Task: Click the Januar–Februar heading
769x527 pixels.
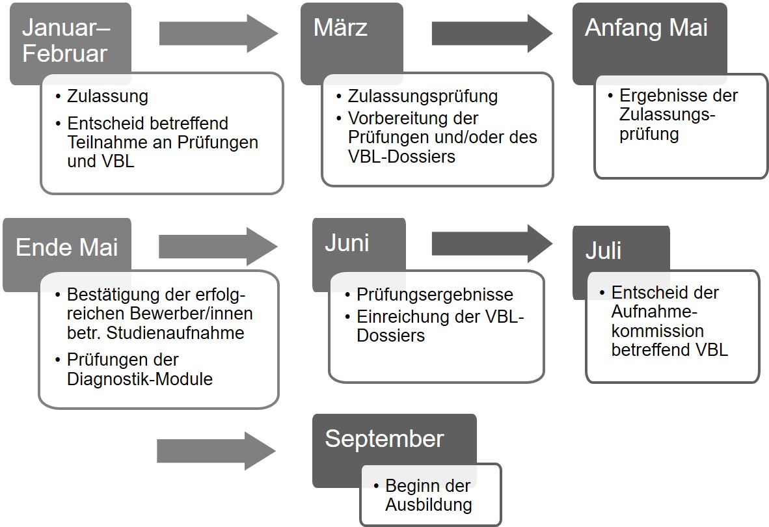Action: click(66, 40)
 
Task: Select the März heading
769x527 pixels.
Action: click(340, 27)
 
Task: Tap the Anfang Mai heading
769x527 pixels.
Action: click(647, 28)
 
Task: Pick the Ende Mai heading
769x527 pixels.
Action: click(67, 247)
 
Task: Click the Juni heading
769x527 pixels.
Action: click(347, 243)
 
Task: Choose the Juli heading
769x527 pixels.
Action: click(603, 250)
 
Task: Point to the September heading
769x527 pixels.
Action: click(384, 439)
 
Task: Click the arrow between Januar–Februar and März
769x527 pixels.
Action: click(219, 33)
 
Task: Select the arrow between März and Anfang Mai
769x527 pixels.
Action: click(492, 33)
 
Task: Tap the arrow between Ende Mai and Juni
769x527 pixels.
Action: click(218, 247)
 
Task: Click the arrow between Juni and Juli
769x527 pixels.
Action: click(492, 243)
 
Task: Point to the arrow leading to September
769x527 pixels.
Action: click(216, 451)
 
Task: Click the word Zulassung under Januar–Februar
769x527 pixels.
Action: click(107, 96)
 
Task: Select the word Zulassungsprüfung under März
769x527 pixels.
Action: click(423, 96)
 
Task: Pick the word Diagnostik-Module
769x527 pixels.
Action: click(140, 379)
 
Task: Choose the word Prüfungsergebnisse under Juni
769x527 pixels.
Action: click(435, 295)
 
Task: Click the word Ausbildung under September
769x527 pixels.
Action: click(429, 504)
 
